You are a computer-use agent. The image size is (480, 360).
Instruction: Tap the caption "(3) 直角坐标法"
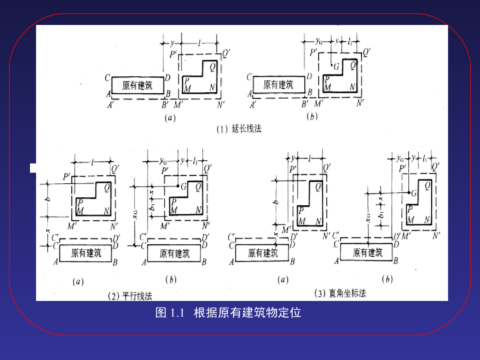pos(340,293)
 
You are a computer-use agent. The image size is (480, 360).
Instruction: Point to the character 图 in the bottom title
pos(161,313)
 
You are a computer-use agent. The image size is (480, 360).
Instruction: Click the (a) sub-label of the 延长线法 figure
pos(170,118)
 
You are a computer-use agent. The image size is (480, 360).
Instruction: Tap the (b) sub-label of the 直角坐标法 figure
pos(387,280)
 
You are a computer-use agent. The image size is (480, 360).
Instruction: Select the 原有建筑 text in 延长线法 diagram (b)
pos(278,85)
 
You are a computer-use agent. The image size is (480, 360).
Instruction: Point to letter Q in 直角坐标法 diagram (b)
pos(427,185)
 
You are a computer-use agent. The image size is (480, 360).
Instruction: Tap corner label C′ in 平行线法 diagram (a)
pos(55,237)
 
